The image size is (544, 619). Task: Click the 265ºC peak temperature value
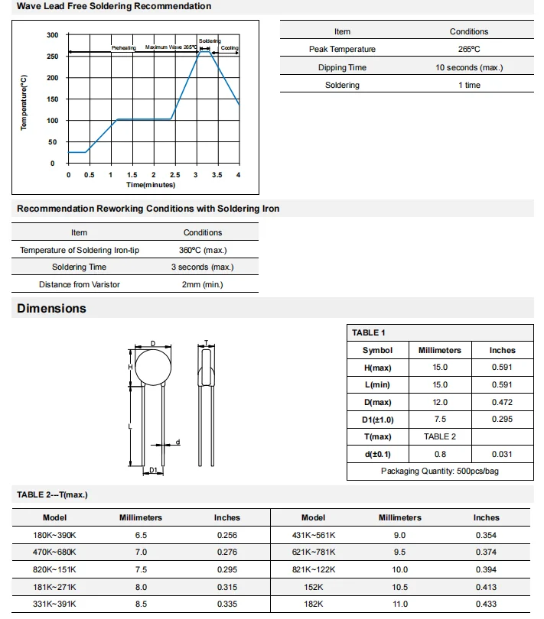pos(468,49)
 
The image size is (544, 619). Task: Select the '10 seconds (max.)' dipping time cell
pos(468,67)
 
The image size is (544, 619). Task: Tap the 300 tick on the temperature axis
pos(52,35)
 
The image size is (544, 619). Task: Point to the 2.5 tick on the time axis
pos(175,176)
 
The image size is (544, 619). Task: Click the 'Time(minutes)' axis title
pos(151,185)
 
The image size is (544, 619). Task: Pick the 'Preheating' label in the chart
pos(123,47)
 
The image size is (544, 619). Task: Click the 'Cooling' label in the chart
pos(230,47)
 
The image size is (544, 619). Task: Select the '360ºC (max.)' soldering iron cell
pos(202,250)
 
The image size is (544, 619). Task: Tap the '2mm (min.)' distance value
pos(202,284)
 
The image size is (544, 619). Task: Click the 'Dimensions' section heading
pos(51,309)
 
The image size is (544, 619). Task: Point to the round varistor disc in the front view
pos(153,367)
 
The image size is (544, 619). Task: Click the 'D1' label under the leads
pos(153,469)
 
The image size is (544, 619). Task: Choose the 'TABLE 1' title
pos(369,332)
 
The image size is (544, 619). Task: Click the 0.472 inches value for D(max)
pos(502,402)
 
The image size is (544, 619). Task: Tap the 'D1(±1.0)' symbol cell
pos(377,420)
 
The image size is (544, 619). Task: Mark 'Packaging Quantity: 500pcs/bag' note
pos(440,471)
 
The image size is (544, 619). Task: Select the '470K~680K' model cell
pos(55,552)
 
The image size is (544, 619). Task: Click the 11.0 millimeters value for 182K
pos(399,604)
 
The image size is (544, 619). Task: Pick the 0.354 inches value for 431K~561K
pos(486,535)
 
